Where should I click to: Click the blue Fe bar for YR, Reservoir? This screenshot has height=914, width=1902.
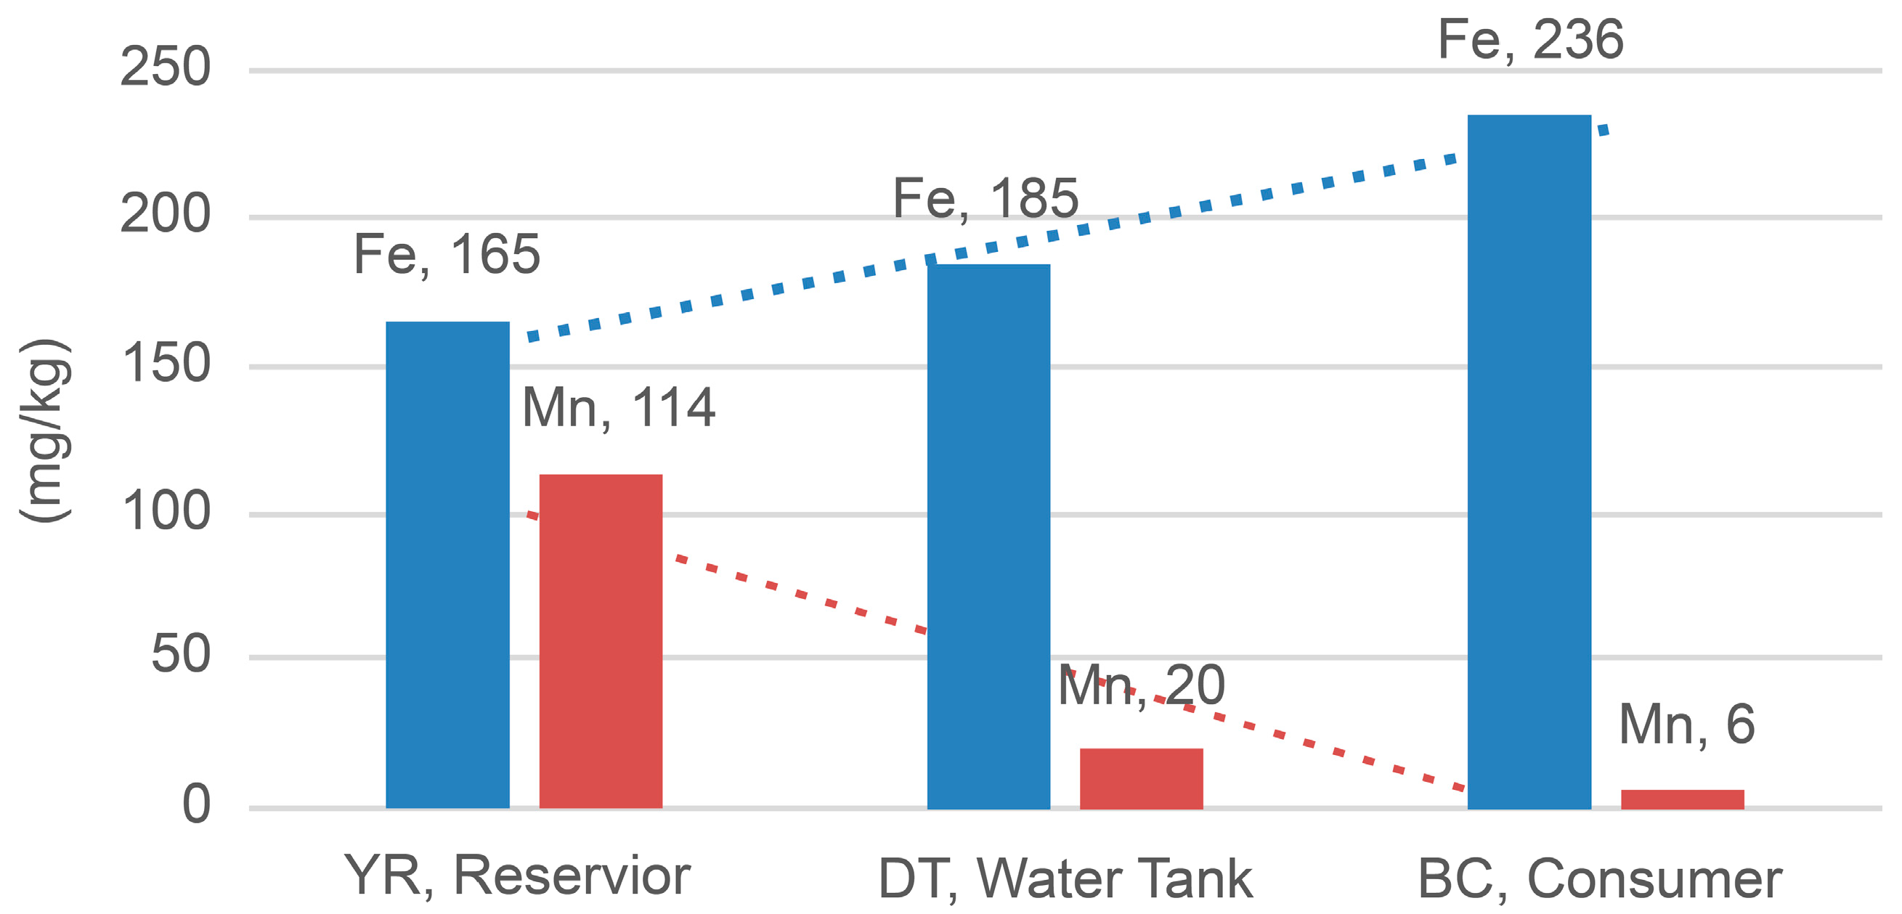(x=447, y=565)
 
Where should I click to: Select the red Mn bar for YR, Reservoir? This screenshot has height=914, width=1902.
(x=601, y=641)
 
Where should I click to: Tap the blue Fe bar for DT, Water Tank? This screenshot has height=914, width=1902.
(x=988, y=536)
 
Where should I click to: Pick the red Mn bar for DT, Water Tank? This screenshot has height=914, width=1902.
(x=1142, y=778)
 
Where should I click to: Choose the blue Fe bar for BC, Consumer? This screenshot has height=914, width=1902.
(x=1529, y=462)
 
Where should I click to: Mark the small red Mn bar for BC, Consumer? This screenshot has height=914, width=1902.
(x=1683, y=799)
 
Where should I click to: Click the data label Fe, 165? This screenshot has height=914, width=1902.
(x=447, y=255)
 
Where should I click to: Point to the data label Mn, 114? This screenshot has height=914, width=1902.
(x=619, y=407)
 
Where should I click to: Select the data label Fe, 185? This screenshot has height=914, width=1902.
(x=985, y=199)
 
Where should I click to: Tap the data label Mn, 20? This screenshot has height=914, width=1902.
(x=1142, y=686)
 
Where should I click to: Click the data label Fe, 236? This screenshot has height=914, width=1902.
(x=1531, y=40)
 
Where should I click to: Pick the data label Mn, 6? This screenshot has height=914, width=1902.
(x=1686, y=725)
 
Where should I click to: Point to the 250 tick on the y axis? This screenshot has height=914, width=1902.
(x=166, y=68)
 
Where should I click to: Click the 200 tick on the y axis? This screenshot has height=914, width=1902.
(x=166, y=214)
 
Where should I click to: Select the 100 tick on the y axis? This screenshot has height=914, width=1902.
(x=166, y=511)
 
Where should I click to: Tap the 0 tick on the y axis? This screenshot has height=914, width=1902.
(x=196, y=804)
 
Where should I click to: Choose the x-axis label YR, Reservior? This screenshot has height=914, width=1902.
(x=517, y=876)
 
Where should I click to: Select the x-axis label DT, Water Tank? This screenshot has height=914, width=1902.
(x=1065, y=878)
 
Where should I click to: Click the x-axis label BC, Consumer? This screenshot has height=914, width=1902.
(x=1600, y=878)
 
